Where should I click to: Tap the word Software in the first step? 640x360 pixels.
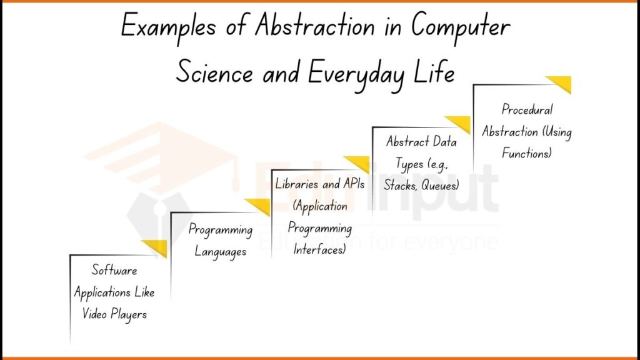[x=114, y=271]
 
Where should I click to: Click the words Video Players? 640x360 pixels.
[x=114, y=314]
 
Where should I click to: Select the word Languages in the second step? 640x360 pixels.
[x=221, y=252]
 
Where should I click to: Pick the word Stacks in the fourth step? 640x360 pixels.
[x=400, y=185]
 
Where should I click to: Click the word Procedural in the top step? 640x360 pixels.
[x=527, y=110]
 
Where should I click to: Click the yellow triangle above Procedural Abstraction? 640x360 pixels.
[x=561, y=84]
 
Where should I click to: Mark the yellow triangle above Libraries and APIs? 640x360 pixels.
[x=359, y=164]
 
